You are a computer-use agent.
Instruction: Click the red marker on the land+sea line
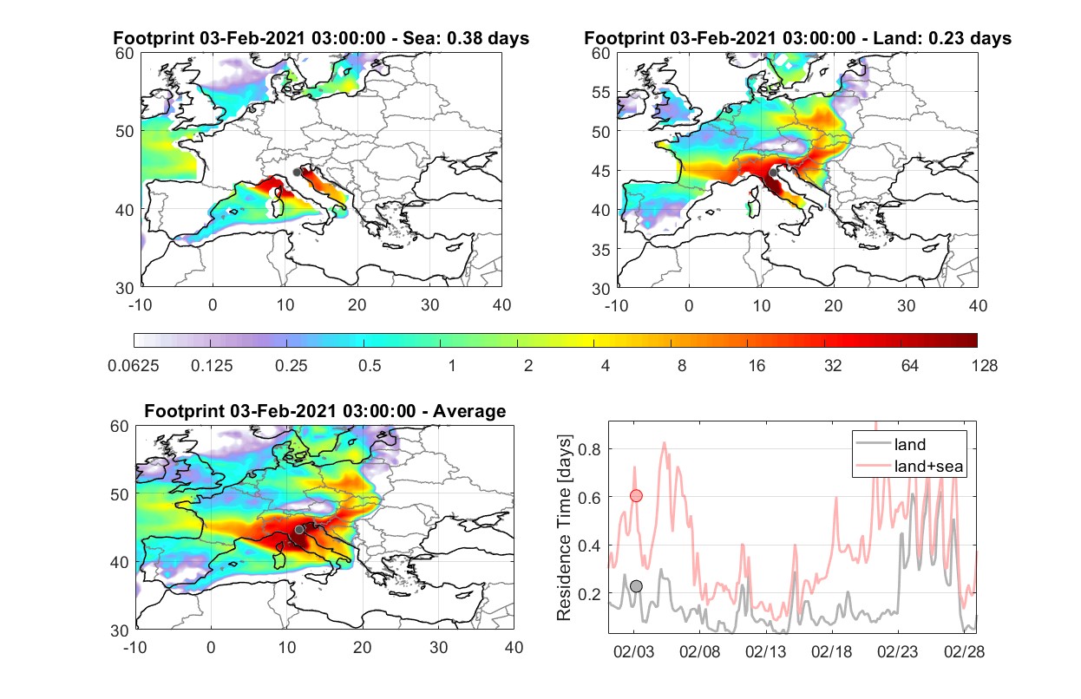click(636, 495)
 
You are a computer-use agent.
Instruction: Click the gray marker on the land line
click(636, 586)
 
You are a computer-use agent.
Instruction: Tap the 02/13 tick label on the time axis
click(765, 651)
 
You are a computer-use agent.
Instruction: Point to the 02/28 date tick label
click(964, 651)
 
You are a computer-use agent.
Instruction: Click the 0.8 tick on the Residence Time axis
click(589, 449)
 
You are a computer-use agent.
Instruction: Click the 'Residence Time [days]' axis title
click(564, 528)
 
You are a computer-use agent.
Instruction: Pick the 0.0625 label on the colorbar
click(134, 366)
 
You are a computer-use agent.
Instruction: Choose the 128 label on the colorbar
click(984, 366)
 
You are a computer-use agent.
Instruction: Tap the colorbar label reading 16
click(757, 366)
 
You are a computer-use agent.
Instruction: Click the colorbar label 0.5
click(370, 366)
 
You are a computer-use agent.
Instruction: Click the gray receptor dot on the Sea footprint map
click(297, 173)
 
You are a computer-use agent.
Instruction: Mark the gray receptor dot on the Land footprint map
click(773, 173)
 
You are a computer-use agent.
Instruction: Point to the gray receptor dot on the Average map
click(299, 529)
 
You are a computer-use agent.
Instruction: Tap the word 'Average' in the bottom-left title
click(469, 411)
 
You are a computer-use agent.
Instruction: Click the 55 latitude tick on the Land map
click(601, 92)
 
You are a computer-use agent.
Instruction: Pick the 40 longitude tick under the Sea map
click(501, 305)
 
